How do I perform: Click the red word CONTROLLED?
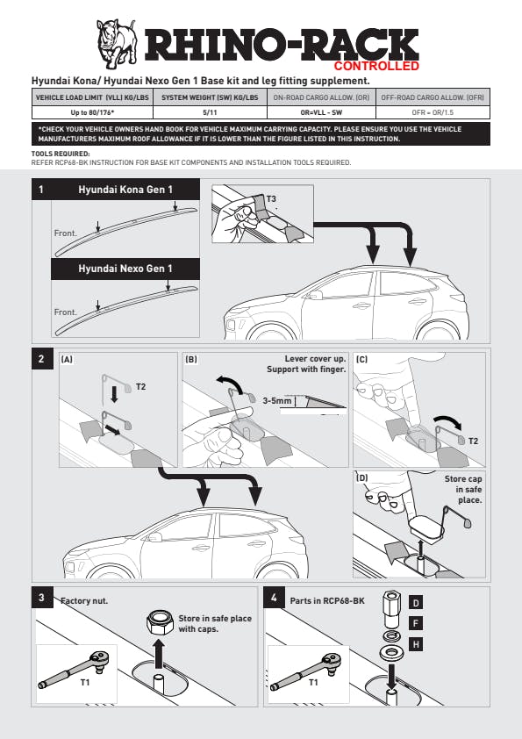tap(376, 66)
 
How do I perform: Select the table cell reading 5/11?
tap(210, 112)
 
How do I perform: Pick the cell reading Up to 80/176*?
tap(92, 112)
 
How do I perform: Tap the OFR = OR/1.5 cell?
tap(433, 112)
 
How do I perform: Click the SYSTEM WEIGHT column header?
tap(210, 97)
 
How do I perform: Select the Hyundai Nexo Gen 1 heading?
tap(125, 269)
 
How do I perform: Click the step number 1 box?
tap(41, 190)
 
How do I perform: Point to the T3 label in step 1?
tap(271, 199)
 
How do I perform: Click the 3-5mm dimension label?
tap(277, 400)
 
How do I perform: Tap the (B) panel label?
tap(191, 360)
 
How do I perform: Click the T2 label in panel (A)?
tap(141, 387)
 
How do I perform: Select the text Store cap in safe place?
tap(463, 489)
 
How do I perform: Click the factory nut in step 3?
tap(160, 622)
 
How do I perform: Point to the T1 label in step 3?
tap(85, 683)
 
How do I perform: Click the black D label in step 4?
tap(416, 603)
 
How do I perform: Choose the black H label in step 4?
tap(416, 644)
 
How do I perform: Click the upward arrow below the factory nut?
tap(159, 654)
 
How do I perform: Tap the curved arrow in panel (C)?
tap(448, 421)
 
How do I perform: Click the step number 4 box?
tap(274, 598)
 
